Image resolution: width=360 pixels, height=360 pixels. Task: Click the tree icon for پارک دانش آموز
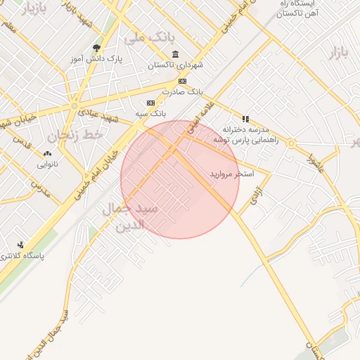[x=96, y=49]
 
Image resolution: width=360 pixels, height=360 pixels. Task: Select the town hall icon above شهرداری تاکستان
[x=175, y=55]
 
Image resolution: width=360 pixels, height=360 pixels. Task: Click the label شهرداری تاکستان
[x=175, y=65]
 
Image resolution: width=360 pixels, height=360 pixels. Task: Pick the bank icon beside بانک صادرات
[x=183, y=82]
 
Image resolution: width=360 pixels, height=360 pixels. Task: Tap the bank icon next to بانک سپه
[x=150, y=103]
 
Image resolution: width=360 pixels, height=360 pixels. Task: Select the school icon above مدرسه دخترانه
[x=245, y=119]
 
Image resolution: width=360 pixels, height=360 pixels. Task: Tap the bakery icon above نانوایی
[x=47, y=153]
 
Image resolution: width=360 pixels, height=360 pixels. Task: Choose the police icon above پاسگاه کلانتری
[x=21, y=245]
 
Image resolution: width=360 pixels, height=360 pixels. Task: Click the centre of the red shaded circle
[x=180, y=180]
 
